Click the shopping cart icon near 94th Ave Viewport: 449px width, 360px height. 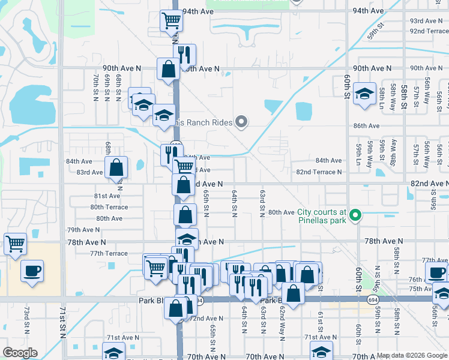pos(172,21)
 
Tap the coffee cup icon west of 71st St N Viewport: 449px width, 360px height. pos(32,271)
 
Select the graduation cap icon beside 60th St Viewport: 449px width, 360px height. pos(364,94)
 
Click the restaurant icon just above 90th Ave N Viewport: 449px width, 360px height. pos(184,54)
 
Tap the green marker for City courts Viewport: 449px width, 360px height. pos(355,215)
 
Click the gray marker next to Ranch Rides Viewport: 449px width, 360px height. pos(241,122)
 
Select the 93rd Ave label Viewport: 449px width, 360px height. pos(426,21)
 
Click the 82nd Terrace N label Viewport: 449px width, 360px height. pos(319,172)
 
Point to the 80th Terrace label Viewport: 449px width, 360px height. pos(109,207)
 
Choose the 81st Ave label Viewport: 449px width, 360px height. pos(107,196)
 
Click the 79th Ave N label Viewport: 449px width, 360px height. pos(83,230)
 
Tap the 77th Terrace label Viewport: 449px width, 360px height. pos(109,253)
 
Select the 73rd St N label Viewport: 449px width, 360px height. pos(26,322)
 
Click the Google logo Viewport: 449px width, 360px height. pos(20,353)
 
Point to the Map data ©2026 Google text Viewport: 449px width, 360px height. pos(411,355)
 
